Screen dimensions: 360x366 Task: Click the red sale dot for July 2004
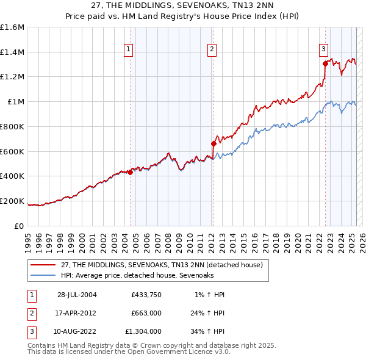pos(130,172)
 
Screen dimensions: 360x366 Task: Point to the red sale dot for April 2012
pos(213,144)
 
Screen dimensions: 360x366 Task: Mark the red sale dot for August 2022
pos(325,63)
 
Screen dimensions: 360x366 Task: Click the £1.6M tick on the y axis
pos(12,27)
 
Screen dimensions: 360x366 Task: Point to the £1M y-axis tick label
pos(15,102)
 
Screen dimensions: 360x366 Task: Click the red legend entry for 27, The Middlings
pos(162,265)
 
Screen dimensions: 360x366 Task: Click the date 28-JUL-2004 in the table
pos(77,295)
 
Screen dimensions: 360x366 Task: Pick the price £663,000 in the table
pos(146,314)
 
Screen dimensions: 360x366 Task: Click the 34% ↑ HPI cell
pos(207,332)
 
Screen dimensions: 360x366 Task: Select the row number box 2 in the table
pos(30,314)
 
